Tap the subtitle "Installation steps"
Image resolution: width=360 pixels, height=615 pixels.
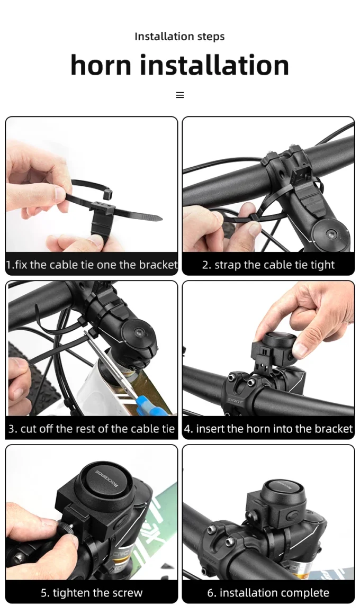click(x=179, y=37)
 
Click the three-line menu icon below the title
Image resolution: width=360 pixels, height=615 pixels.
click(x=180, y=95)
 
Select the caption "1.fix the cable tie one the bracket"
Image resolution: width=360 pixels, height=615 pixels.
click(x=92, y=264)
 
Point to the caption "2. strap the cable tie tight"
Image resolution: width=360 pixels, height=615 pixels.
click(x=268, y=265)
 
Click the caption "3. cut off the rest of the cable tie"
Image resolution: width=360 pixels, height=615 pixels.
click(x=92, y=428)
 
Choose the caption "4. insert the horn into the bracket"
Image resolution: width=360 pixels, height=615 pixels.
click(x=268, y=428)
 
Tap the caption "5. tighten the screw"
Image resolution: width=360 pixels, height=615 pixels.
click(x=92, y=592)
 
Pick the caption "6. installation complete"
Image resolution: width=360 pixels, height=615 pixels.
click(x=268, y=592)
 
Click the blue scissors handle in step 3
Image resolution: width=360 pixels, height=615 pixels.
click(x=151, y=405)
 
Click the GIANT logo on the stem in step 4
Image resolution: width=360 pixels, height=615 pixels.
click(x=235, y=401)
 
